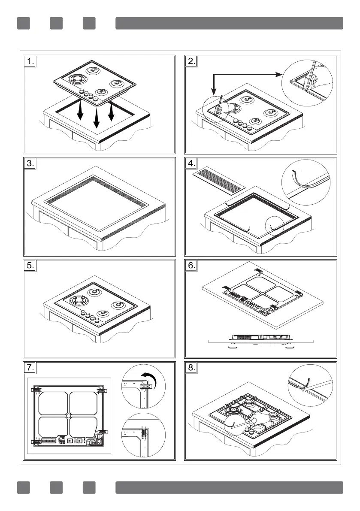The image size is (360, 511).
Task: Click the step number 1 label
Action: (x=29, y=62)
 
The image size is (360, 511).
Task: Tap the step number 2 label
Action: (x=191, y=62)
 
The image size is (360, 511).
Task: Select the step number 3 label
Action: (x=29, y=164)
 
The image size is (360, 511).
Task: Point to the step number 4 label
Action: (x=191, y=164)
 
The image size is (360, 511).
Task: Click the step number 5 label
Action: (x=29, y=266)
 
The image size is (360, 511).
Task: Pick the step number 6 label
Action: (x=191, y=266)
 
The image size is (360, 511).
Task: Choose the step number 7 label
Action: (x=29, y=368)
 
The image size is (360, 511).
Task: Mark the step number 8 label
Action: (x=191, y=368)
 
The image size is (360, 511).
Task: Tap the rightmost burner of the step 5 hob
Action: (x=117, y=305)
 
